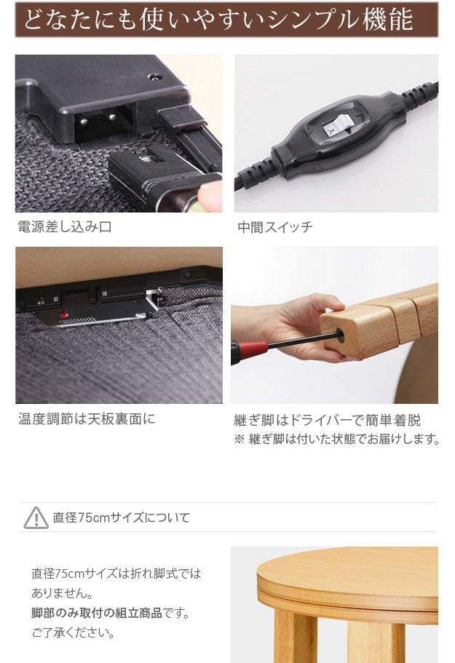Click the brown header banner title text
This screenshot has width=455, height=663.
(x=218, y=20)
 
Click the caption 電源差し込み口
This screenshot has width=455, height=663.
(x=65, y=227)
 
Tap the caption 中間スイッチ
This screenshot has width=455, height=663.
(x=275, y=227)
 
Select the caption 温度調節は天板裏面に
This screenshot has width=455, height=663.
(x=87, y=419)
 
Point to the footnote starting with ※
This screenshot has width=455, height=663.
(x=337, y=439)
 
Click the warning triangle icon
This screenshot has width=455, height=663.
(x=36, y=517)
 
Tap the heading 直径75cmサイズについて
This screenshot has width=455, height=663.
(x=121, y=517)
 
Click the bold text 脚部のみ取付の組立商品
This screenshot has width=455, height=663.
(x=96, y=613)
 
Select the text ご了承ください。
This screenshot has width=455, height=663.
(x=73, y=632)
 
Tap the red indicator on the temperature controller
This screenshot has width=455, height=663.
(x=63, y=315)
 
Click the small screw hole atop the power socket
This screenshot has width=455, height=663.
(x=154, y=76)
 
